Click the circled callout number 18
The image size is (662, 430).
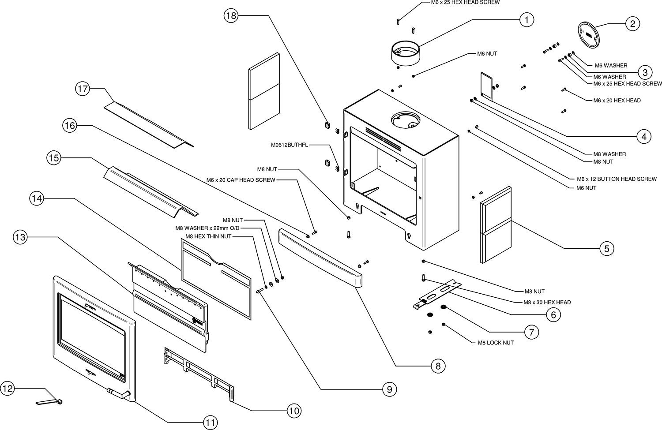pyautogui.click(x=231, y=15)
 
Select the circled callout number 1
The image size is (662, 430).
pyautogui.click(x=527, y=20)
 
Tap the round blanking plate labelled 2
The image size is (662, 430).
pyautogui.click(x=589, y=35)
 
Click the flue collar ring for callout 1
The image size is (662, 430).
pyautogui.click(x=406, y=52)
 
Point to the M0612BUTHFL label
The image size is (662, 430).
pyautogui.click(x=290, y=145)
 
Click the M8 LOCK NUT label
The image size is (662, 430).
pyautogui.click(x=496, y=343)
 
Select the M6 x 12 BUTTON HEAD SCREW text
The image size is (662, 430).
pyautogui.click(x=617, y=179)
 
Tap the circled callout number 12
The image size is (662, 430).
pyautogui.click(x=8, y=389)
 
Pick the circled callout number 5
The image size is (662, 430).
pyautogui.click(x=607, y=248)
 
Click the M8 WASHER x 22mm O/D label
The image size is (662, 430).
pyautogui.click(x=207, y=228)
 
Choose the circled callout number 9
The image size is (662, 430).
pyautogui.click(x=390, y=389)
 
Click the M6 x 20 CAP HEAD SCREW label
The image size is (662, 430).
pyautogui.click(x=241, y=180)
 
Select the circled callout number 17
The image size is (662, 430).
pyautogui.click(x=83, y=89)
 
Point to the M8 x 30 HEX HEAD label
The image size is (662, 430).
pyautogui.click(x=547, y=302)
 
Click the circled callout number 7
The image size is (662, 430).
pyautogui.click(x=532, y=332)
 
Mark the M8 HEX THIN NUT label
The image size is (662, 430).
pyautogui.click(x=208, y=236)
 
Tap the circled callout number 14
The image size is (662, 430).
pyautogui.click(x=37, y=198)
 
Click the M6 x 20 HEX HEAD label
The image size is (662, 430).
pyautogui.click(x=617, y=101)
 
